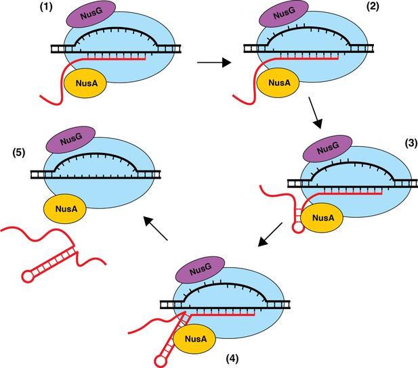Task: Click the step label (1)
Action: pos(46,7)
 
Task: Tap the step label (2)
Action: pos(373,6)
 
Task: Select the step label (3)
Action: pos(411,143)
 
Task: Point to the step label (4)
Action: pos(232,359)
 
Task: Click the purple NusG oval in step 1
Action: pos(91,14)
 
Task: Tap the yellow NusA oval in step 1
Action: pos(85,83)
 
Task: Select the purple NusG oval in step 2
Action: pos(284,14)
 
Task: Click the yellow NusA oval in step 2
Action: pos(278,83)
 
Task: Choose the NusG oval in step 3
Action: pos(328,148)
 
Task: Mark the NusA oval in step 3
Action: pos(322,217)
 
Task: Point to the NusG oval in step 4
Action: pos(201,270)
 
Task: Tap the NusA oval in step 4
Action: pos(194,339)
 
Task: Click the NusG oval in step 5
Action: pos(70,140)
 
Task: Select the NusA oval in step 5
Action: pos(65,208)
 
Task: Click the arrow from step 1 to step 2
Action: pos(214,63)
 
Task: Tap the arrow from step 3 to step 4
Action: pos(270,235)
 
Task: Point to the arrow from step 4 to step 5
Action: pos(155,228)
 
